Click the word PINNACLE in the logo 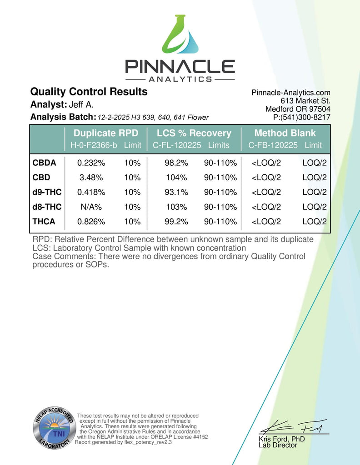click(180, 67)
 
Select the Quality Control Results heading click(89, 92)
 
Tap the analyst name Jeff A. click(81, 104)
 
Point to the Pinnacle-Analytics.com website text click(291, 93)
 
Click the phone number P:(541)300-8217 click(301, 117)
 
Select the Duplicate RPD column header click(106, 133)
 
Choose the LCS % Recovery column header click(194, 133)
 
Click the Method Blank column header click(285, 133)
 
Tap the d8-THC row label click(47, 207)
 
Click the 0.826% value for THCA click(91, 222)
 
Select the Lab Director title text click(278, 445)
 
